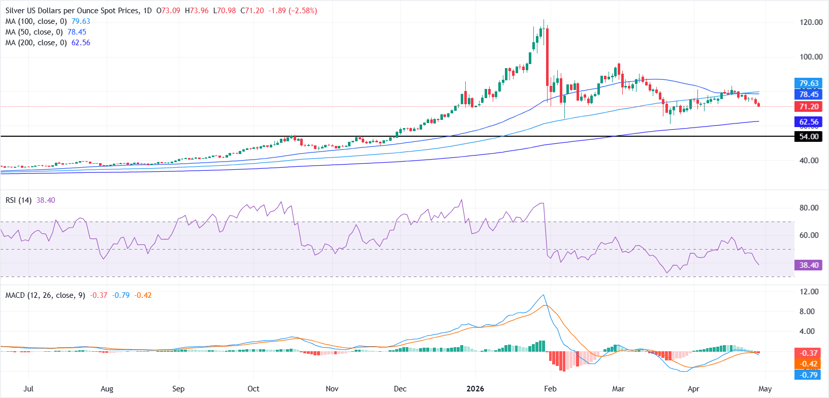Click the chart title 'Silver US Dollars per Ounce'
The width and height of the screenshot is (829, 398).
pos(71,11)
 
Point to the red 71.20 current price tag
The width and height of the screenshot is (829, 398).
pos(808,107)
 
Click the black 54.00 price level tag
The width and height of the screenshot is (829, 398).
pos(808,137)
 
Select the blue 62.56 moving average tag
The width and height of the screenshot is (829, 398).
pos(808,122)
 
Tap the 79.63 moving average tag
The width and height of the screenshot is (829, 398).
pos(808,83)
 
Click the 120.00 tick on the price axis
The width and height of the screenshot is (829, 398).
pos(811,22)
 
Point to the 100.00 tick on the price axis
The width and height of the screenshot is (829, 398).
pos(811,57)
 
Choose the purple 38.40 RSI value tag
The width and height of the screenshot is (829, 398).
pos(808,265)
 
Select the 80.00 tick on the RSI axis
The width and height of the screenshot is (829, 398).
pos(809,208)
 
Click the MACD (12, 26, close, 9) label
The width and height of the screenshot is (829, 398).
pos(45,295)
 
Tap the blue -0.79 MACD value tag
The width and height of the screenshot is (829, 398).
pos(808,375)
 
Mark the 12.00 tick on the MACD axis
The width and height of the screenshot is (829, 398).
pos(809,292)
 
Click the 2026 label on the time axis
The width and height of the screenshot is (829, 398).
pos(475,389)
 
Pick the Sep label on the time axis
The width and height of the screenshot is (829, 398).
pos(178,389)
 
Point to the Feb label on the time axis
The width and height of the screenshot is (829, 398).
pos(550,389)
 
